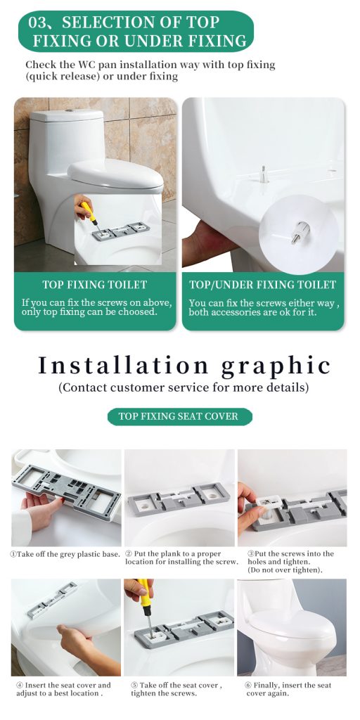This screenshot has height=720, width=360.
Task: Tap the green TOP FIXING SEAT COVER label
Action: point(179,416)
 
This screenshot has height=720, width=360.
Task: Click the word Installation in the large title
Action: point(123,365)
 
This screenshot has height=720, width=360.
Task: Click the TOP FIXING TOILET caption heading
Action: point(94,285)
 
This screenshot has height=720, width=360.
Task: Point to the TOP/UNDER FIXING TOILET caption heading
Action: point(263,285)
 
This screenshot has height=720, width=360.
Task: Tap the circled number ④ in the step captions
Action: point(20,686)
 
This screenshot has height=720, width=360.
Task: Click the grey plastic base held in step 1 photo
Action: point(63,485)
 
